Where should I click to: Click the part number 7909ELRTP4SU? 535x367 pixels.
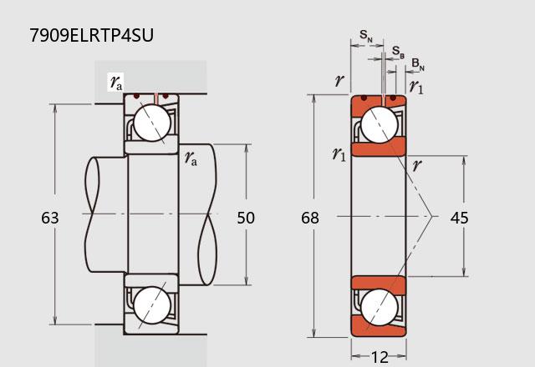click(x=91, y=35)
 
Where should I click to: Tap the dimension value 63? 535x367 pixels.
click(x=50, y=218)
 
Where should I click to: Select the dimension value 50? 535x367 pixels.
click(x=246, y=218)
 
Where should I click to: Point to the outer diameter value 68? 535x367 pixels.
click(x=310, y=218)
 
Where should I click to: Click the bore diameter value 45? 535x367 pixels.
click(x=459, y=218)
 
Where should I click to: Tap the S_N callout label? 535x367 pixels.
click(x=366, y=36)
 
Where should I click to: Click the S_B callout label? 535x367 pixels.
click(x=398, y=52)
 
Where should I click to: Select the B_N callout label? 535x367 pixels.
click(x=418, y=64)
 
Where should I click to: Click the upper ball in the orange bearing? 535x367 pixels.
click(x=379, y=124)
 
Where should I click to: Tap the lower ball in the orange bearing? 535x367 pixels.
click(x=379, y=308)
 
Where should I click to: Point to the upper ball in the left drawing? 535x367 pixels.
click(x=152, y=123)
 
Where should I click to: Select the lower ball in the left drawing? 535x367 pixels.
click(x=152, y=305)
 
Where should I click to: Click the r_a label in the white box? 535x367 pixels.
click(x=116, y=83)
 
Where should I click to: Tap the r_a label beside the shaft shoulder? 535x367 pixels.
click(x=191, y=158)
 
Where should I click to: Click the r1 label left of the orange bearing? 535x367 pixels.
click(x=339, y=154)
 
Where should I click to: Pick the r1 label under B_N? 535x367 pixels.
click(x=416, y=87)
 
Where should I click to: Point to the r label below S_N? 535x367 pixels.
click(x=339, y=81)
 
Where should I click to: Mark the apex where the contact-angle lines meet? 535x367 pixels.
click(x=432, y=216)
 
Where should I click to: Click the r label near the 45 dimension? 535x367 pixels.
click(x=417, y=165)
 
